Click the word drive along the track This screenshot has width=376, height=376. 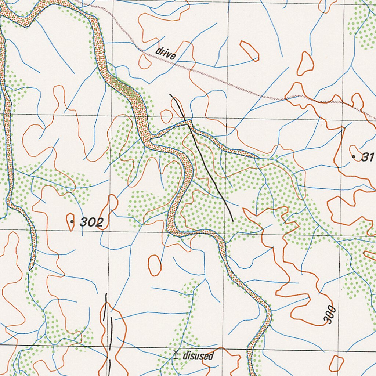(166, 53)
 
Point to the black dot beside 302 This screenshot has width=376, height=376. (72, 221)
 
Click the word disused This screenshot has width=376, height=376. (198, 355)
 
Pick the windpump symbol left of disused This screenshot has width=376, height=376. (176, 354)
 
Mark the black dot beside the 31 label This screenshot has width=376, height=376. (354, 157)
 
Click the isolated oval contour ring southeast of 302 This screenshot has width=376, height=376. (155, 265)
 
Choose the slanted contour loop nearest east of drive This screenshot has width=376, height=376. (249, 51)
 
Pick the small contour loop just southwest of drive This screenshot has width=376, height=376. (145, 62)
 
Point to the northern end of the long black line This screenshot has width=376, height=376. (170, 94)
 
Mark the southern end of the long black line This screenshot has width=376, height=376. (232, 221)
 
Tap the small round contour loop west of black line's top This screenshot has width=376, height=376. (166, 116)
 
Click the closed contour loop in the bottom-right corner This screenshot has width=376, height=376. (336, 363)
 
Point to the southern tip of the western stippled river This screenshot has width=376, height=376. (32, 268)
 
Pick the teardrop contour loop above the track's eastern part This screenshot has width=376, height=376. (305, 63)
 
